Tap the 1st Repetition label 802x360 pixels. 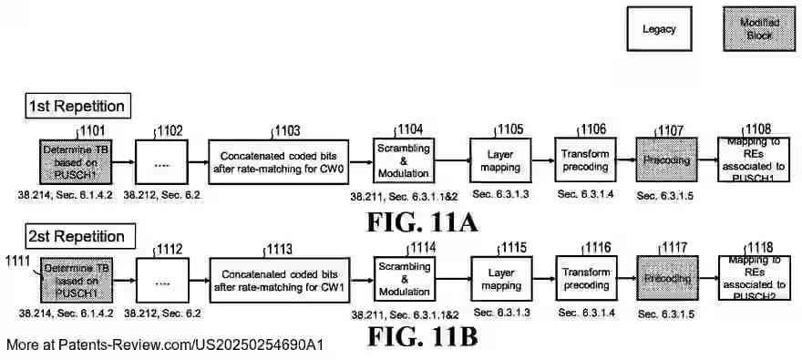pyautogui.click(x=76, y=106)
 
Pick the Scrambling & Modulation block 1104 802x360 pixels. pyautogui.click(x=402, y=160)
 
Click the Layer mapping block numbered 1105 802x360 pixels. pyautogui.click(x=500, y=160)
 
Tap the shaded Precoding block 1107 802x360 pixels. pyautogui.click(x=666, y=160)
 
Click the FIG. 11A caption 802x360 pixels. pyautogui.click(x=422, y=220)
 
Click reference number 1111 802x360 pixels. pyautogui.click(x=17, y=262)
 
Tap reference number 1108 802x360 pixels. pyautogui.click(x=759, y=129)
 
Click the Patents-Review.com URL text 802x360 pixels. pyautogui.click(x=164, y=345)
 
